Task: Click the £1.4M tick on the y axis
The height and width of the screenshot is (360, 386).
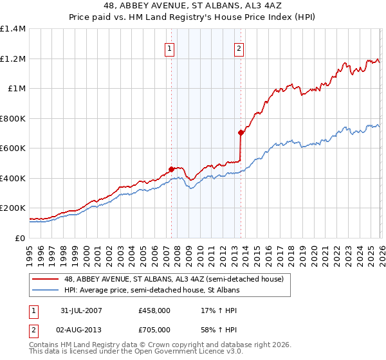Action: click(12, 29)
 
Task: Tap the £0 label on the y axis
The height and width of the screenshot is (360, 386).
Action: click(20, 238)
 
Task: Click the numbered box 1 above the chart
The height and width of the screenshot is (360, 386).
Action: click(169, 48)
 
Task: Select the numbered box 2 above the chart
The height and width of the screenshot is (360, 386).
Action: click(239, 48)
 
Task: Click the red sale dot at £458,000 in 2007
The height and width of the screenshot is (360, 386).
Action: click(171, 170)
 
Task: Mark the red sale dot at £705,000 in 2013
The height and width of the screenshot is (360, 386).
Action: click(240, 133)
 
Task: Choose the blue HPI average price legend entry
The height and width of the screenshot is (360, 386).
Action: click(152, 291)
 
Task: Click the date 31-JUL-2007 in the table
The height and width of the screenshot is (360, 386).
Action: click(81, 310)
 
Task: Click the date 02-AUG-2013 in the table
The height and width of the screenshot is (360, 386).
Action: click(81, 330)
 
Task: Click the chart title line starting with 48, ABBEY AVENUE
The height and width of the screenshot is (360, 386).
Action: click(193, 5)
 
